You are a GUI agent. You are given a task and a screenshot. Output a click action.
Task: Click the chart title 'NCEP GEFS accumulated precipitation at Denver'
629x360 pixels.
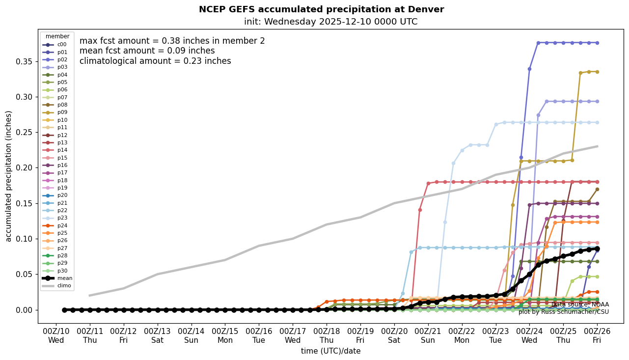321,9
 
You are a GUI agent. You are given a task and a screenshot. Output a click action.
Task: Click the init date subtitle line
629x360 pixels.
330,22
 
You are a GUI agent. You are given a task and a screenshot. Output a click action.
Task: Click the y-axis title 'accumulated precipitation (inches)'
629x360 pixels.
8,176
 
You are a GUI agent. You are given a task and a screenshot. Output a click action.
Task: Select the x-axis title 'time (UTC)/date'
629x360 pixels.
330,351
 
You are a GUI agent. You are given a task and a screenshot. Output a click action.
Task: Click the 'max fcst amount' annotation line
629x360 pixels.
172,41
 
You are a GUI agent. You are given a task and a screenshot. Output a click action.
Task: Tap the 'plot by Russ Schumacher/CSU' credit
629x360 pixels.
563,312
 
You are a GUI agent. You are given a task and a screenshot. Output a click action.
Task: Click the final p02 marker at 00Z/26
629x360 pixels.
597,43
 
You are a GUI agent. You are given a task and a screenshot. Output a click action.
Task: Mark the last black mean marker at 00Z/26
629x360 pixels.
597,249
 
